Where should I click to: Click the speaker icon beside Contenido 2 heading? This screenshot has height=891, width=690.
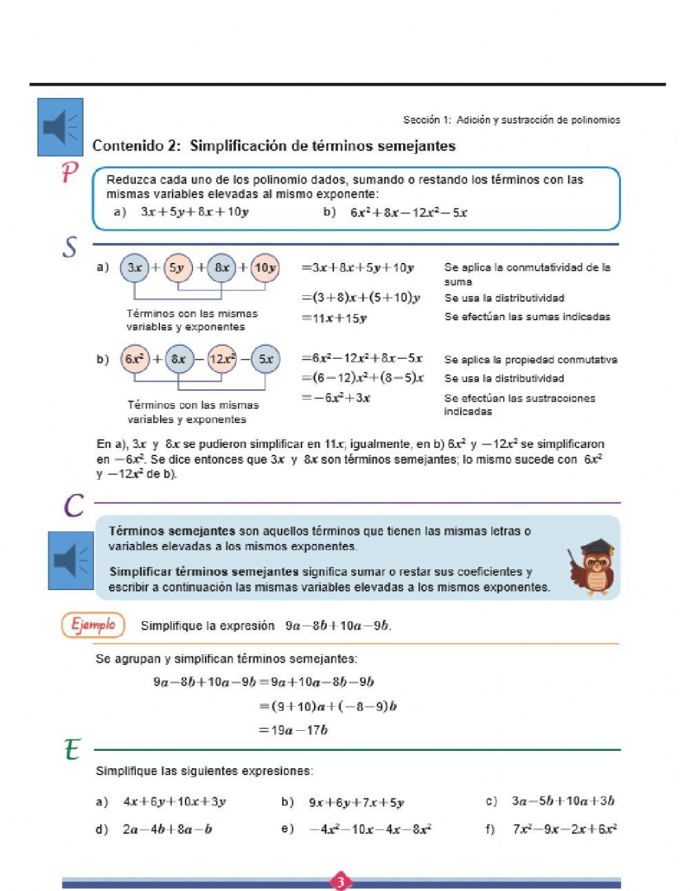pos(60,127)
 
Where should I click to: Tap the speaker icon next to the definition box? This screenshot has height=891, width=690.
pos(70,560)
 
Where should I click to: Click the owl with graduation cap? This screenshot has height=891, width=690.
pos(593,567)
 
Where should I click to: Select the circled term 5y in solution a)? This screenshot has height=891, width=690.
pos(177,268)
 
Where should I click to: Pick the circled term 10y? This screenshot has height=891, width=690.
pos(265,268)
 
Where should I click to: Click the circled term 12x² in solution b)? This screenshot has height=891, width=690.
pos(222,359)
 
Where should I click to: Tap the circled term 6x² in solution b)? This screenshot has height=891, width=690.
pos(135,359)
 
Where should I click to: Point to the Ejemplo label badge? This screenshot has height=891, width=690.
pos(93,625)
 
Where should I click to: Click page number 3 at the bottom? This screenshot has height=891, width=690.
pos(341,881)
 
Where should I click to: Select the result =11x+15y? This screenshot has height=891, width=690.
pos(335,318)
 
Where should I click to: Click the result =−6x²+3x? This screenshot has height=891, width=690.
pos(337,398)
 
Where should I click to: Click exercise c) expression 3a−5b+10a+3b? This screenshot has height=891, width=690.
pos(562,801)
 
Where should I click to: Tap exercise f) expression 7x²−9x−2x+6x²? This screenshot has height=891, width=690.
pos(564,829)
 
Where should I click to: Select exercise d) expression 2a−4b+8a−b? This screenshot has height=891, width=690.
pos(167,829)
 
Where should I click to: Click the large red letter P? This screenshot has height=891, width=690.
pos(69,173)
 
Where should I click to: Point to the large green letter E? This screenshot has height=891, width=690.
pos(72,750)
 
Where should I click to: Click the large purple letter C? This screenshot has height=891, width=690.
pos(74,505)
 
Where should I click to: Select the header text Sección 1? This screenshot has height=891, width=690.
pos(422,120)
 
